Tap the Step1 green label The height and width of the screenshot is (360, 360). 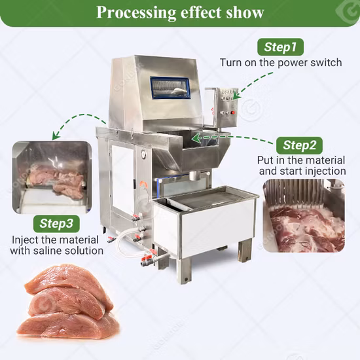pyautogui.click(x=280, y=46)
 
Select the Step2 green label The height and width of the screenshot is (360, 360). pyautogui.click(x=299, y=145)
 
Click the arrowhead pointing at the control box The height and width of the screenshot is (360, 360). pyautogui.click(x=237, y=95)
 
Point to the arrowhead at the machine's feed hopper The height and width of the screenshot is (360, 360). pyautogui.click(x=196, y=138)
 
